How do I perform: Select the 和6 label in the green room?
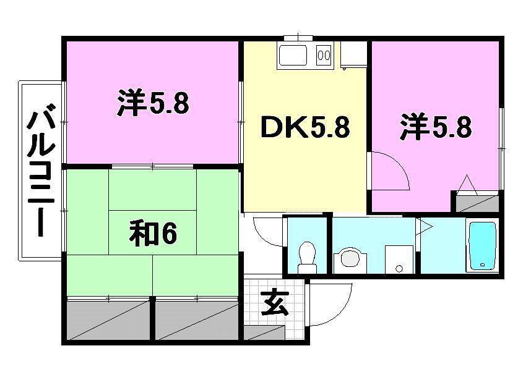[x=153, y=234]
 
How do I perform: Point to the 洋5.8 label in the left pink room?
[x=152, y=103]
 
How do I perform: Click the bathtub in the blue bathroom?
[x=482, y=246]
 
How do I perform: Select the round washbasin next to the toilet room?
[x=351, y=259]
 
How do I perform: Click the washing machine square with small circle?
[x=399, y=260]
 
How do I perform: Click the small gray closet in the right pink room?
[x=477, y=203]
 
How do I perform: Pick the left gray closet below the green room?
[x=108, y=319]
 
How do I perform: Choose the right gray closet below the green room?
[x=197, y=319]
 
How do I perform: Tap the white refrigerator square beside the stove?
[x=353, y=54]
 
